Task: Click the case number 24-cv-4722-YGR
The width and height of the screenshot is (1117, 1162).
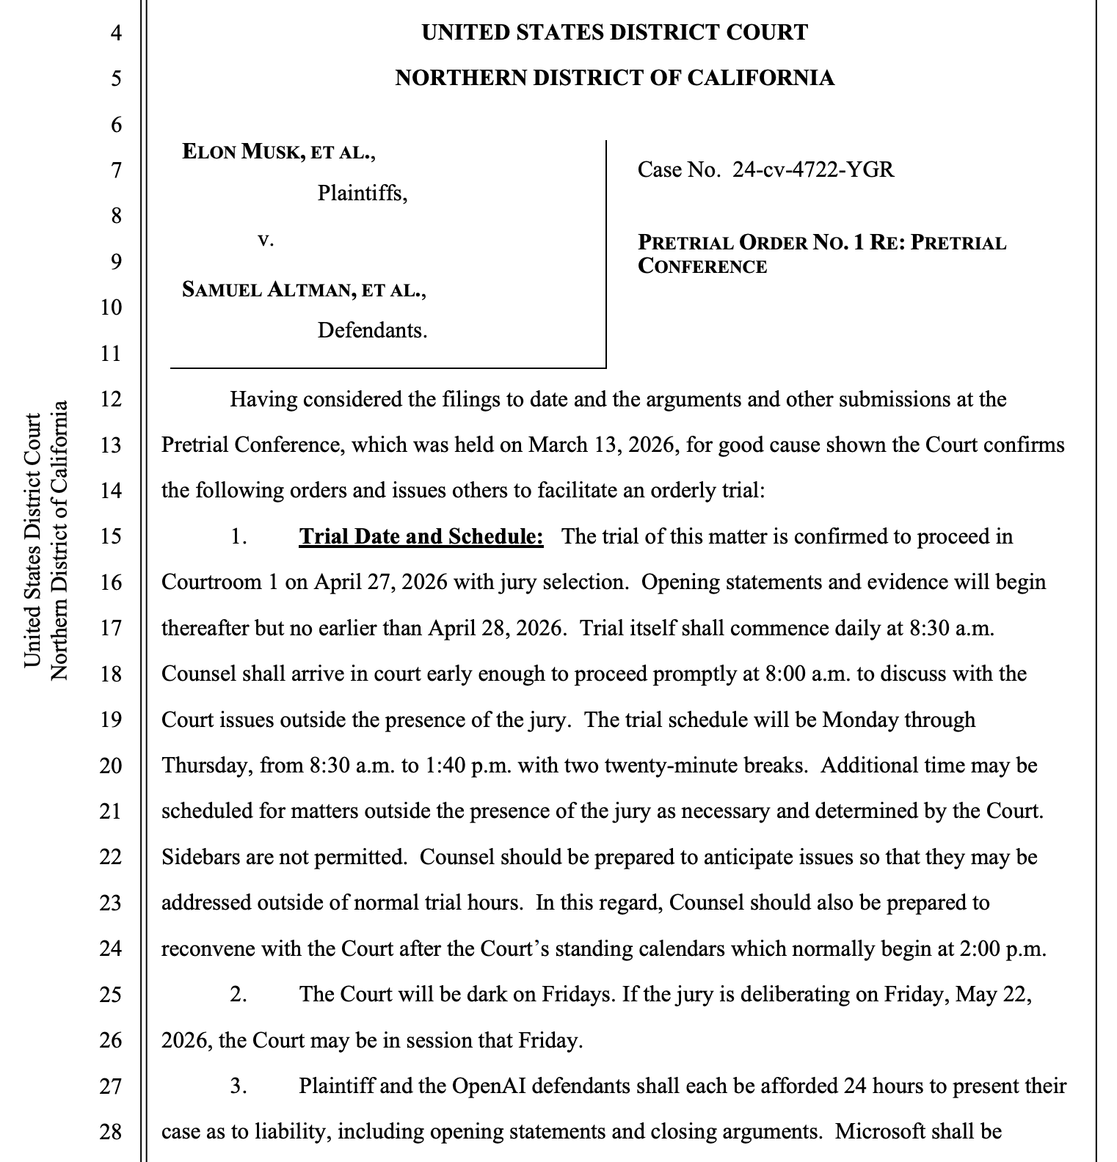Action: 813,170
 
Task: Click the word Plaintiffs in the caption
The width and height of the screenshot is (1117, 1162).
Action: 362,194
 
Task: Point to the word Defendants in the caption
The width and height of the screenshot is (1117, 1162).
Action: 372,330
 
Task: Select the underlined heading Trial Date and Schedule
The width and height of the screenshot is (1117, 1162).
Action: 421,536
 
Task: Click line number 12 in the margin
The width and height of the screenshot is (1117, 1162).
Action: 111,400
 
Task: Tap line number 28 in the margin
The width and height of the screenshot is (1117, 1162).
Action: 111,1131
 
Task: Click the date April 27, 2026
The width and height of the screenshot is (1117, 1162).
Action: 376,582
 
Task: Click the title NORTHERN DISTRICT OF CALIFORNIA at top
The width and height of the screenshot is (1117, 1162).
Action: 614,78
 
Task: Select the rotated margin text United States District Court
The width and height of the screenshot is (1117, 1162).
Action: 32,541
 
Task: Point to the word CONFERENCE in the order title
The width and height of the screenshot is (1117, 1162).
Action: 702,266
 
